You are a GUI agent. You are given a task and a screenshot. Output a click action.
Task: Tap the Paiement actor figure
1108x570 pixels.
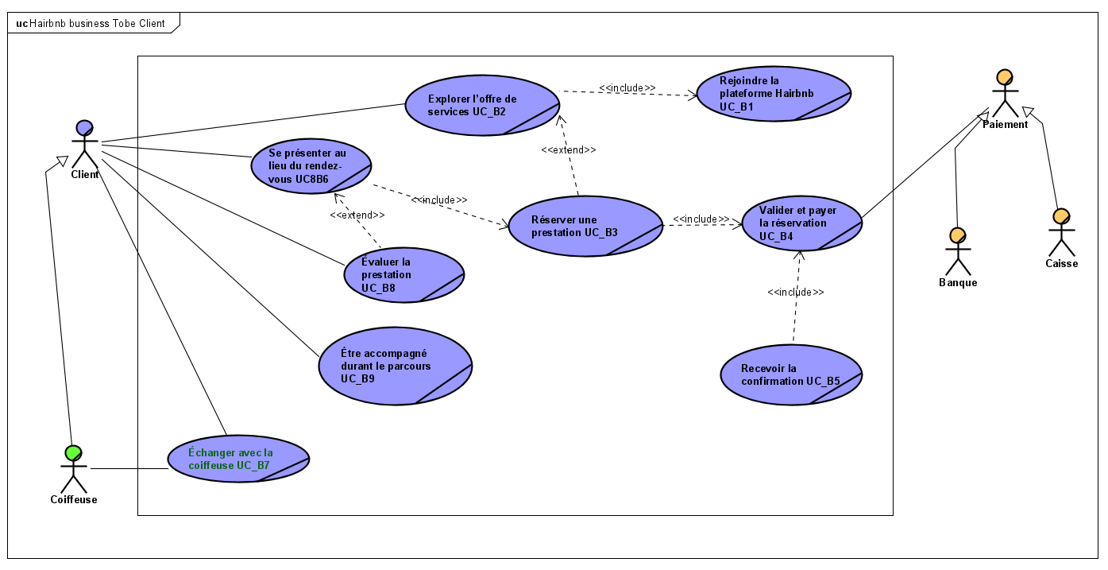[1004, 93]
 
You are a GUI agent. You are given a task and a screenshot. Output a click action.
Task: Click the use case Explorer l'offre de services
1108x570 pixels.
[482, 105]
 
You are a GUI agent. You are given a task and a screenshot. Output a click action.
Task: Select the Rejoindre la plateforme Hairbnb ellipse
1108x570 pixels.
[773, 93]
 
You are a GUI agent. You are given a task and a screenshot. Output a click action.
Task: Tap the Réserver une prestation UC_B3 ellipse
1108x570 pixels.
[585, 226]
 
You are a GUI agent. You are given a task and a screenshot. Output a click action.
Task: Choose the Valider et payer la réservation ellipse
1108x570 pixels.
[801, 223]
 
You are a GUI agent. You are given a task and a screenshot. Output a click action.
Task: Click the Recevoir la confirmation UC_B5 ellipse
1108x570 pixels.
[791, 374]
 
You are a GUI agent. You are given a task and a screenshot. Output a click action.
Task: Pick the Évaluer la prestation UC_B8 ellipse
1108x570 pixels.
[403, 274]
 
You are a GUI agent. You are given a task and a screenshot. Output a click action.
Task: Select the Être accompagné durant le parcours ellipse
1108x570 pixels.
[395, 366]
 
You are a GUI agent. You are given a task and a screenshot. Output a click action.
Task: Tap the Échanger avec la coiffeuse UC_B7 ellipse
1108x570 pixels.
[237, 458]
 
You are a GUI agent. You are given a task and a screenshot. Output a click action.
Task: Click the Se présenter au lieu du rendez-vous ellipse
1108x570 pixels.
[311, 165]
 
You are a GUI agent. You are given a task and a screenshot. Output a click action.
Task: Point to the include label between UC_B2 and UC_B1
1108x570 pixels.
[627, 88]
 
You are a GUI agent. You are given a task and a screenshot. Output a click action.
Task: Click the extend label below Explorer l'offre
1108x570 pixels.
[568, 149]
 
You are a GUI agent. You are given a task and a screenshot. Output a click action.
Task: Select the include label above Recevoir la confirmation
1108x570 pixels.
[795, 293]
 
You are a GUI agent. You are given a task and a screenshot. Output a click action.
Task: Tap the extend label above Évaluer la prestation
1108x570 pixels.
[357, 215]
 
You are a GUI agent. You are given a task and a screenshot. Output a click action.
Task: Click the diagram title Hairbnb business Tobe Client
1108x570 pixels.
[96, 23]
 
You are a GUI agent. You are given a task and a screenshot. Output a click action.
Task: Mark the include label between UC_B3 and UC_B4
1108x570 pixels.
[701, 219]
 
